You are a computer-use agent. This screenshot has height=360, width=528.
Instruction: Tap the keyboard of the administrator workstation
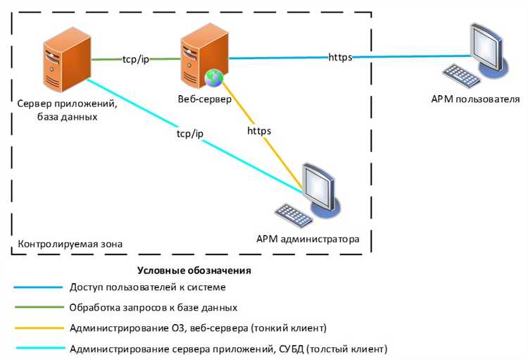pos(293,214)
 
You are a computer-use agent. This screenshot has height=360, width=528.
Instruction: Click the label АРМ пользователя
pos(475,99)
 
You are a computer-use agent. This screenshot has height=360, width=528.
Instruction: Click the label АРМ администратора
pos(308,239)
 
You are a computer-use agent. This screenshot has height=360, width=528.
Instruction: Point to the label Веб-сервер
pos(200,99)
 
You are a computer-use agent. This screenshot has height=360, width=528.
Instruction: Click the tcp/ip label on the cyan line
pos(189,133)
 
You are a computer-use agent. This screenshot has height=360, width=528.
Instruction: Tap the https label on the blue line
pos(340,58)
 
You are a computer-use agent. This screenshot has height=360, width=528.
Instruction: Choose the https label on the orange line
pos(259,130)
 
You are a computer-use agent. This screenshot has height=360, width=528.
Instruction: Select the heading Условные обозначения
pos(194,271)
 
